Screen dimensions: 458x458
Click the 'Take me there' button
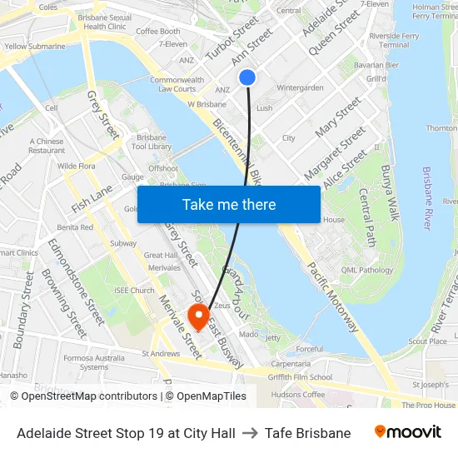229,204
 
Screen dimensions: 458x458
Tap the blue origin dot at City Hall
247,77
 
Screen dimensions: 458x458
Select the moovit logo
408,432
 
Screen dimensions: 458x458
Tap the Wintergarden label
300,87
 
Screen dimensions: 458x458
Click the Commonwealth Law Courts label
177,84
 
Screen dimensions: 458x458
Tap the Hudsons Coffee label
298,394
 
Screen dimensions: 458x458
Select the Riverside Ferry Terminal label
394,41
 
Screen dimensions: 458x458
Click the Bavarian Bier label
376,65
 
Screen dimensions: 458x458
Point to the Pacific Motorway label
332,296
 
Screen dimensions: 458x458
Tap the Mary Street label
339,117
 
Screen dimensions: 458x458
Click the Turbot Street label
232,39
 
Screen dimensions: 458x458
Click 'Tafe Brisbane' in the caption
308,433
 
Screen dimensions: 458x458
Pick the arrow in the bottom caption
250,433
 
